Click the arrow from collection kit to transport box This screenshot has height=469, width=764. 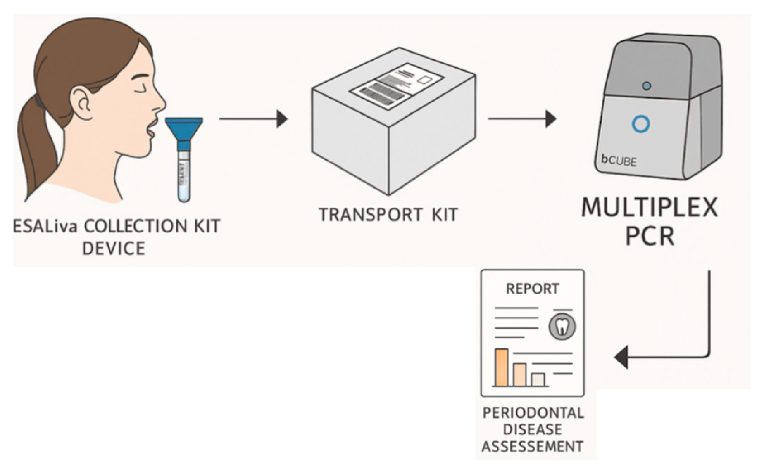[254, 119]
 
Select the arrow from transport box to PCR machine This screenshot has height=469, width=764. [522, 119]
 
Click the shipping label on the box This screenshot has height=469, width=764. [397, 86]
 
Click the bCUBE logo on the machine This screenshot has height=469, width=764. [619, 160]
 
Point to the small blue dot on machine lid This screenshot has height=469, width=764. [646, 86]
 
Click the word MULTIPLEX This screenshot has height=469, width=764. [650, 208]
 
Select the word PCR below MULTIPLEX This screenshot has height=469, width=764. [650, 236]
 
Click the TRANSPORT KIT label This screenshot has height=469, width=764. [388, 215]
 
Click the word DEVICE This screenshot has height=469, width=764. [114, 248]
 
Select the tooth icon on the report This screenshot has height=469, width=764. [562, 327]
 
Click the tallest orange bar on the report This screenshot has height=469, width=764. [501, 367]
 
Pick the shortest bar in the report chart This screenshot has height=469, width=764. [538, 379]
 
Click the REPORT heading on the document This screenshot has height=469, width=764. [533, 289]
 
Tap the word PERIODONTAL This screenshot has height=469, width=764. [533, 413]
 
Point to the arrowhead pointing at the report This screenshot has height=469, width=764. [622, 357]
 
